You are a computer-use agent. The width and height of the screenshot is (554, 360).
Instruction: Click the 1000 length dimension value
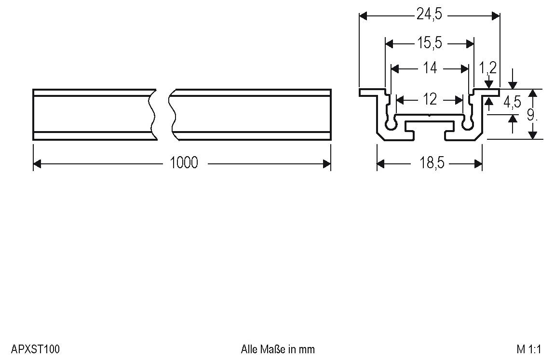click(x=184, y=163)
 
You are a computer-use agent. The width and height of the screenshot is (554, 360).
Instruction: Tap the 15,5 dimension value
click(x=430, y=43)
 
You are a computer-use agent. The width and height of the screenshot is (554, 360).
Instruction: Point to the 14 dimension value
click(x=430, y=68)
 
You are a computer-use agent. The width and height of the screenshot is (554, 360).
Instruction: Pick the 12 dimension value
click(x=430, y=100)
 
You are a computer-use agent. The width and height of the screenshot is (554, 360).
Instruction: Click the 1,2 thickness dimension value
click(x=488, y=67)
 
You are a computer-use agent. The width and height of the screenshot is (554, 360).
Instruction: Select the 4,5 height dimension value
click(x=512, y=102)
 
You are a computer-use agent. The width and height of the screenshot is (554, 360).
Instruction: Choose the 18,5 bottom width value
click(x=432, y=163)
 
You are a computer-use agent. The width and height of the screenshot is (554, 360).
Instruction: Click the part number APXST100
click(x=35, y=349)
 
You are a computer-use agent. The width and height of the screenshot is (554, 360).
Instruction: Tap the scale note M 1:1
click(x=528, y=349)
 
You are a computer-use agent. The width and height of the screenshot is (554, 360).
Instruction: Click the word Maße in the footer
click(x=273, y=349)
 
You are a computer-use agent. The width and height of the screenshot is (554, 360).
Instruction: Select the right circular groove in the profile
click(x=468, y=124)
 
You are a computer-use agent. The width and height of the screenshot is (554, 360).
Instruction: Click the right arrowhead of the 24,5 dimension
click(x=496, y=15)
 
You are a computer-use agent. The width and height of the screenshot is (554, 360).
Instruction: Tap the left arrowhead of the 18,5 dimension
click(x=381, y=163)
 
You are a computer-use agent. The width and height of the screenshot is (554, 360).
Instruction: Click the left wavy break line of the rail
click(x=153, y=114)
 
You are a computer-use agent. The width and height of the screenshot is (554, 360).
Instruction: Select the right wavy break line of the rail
click(x=173, y=114)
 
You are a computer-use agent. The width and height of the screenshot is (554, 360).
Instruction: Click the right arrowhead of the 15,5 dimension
click(x=470, y=44)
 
